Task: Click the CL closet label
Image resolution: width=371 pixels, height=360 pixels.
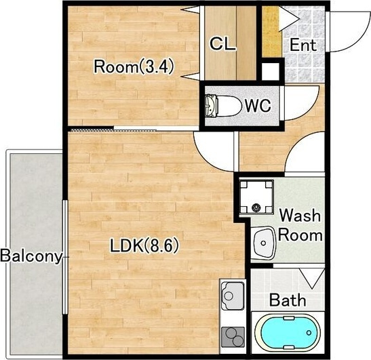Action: point(223,44)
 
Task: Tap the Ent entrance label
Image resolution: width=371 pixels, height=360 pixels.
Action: point(303,45)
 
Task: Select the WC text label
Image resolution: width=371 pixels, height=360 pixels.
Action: point(258,106)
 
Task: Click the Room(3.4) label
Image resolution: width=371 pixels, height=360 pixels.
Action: point(134,66)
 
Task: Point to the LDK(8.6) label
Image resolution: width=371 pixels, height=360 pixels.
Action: point(144,245)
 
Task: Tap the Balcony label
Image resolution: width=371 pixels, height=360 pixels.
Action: point(31,256)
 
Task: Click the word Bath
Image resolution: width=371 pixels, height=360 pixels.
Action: point(288,300)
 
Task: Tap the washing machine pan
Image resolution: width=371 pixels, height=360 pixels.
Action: point(256,197)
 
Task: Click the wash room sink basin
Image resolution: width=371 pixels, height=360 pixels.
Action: point(263,243)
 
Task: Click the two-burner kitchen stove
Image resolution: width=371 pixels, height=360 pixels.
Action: point(233,337)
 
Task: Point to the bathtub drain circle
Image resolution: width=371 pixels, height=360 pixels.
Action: point(309,333)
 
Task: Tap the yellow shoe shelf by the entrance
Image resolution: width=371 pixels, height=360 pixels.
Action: point(271,32)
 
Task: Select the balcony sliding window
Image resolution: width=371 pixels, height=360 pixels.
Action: point(65,257)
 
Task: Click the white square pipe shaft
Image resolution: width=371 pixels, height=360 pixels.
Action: point(270,71)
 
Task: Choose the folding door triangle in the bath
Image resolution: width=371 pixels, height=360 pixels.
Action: point(312,279)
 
